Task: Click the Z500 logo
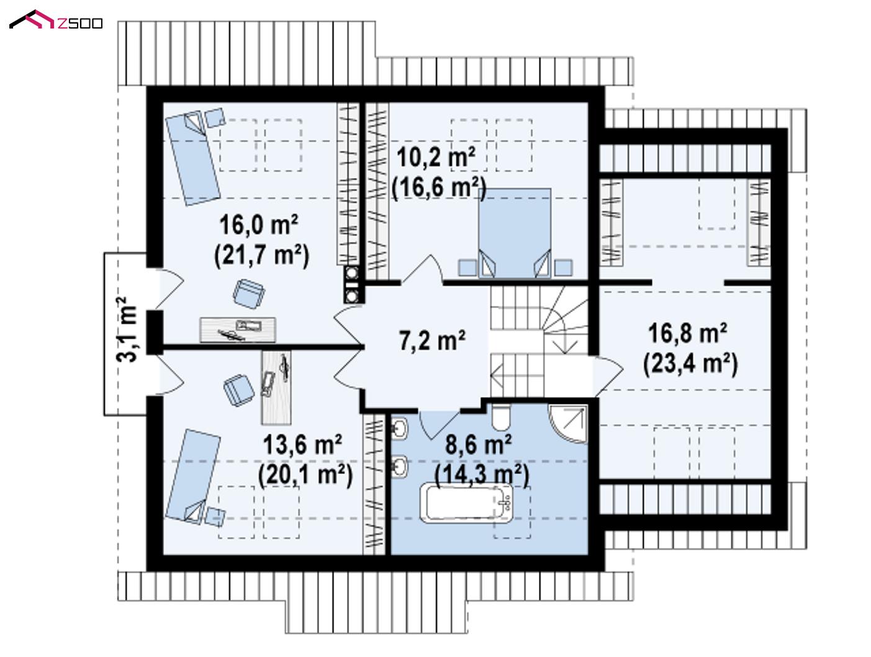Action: (55, 20)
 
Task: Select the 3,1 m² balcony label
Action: (127, 329)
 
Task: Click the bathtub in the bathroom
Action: (466, 502)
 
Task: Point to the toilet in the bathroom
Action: (500, 417)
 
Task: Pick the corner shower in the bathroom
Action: (568, 423)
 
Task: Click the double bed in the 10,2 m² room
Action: (515, 233)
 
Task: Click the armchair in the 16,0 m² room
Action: (249, 294)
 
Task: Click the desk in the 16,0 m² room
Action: (238, 329)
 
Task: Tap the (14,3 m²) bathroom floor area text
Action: (482, 475)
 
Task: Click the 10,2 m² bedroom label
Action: (436, 158)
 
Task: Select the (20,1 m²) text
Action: (305, 475)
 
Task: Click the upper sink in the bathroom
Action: (399, 428)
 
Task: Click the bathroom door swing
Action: (438, 425)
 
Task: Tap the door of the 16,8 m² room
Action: (608, 375)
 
